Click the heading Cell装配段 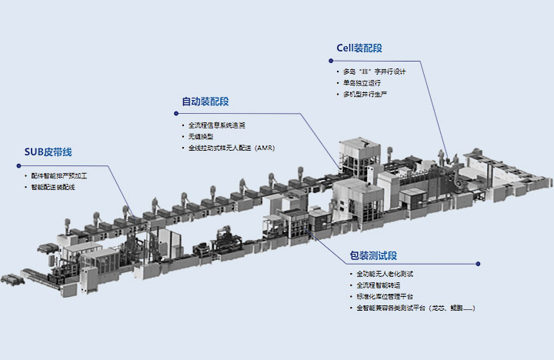359,48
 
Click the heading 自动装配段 205,102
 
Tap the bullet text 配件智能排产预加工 60,175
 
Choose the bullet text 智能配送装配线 55,187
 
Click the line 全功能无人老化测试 385,274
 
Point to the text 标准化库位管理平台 385,296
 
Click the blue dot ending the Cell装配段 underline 421,61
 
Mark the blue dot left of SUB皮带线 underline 17,165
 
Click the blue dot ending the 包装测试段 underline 478,265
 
